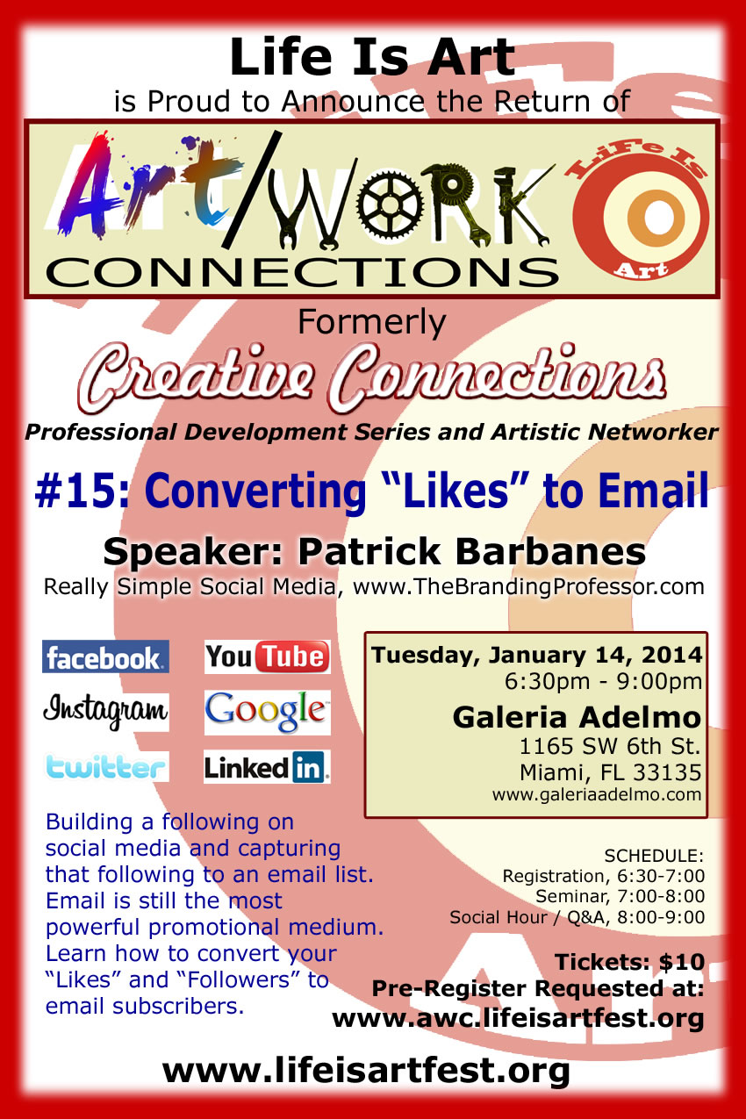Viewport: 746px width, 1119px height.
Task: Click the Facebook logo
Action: pos(105,656)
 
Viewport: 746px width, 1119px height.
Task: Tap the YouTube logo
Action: pos(268,656)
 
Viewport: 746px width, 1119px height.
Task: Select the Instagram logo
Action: pos(105,712)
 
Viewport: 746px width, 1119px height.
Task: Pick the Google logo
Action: pos(268,713)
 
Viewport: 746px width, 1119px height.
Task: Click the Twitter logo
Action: pos(105,767)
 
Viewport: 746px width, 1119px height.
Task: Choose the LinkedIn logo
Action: pos(268,767)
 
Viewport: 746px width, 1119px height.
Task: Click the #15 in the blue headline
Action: pos(82,491)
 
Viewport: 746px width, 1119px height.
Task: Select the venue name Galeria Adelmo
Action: pos(577,718)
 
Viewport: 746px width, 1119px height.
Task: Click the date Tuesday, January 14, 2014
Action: pos(536,655)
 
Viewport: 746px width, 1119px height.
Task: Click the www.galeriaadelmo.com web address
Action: pos(597,794)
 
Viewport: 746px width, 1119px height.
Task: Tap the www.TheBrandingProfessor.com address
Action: pos(528,586)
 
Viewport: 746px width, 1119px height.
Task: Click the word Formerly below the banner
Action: pos(372,323)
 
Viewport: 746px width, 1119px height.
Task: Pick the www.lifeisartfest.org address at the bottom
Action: pos(366,1071)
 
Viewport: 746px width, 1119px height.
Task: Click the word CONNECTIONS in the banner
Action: pos(302,273)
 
